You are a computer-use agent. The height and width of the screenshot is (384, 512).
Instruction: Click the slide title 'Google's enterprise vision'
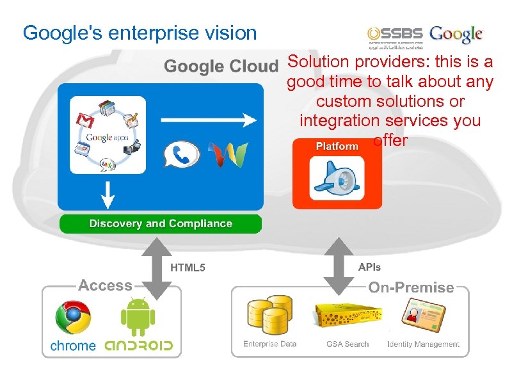pos(140,33)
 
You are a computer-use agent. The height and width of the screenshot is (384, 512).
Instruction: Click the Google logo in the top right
pos(456,35)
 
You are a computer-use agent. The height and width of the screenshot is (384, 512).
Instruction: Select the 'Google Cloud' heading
pos(221,66)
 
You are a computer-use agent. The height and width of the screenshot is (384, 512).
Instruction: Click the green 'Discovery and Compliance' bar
pos(161,224)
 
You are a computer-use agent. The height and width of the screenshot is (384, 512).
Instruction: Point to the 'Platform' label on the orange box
pos(337,147)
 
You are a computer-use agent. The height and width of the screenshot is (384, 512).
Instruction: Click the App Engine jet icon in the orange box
pos(337,179)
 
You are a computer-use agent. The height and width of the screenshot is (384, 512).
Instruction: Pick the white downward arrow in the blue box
pos(108,194)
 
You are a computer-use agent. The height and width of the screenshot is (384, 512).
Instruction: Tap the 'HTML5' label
pos(188,268)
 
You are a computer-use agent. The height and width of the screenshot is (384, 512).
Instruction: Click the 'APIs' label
pos(369,268)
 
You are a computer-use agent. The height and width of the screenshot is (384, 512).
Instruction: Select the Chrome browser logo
pos(73,318)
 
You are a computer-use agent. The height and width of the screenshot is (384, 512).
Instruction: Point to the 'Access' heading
pos(105,286)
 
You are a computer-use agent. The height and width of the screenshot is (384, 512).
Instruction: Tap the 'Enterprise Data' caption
pos(269,344)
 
